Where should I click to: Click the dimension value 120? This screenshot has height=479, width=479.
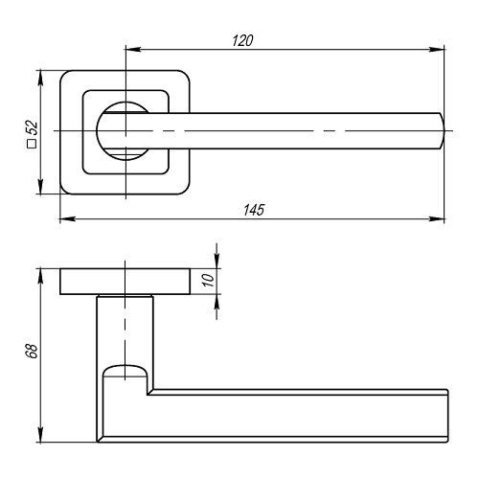click(242, 41)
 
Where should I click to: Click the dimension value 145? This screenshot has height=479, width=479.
click(254, 210)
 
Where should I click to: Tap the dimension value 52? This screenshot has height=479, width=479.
click(32, 127)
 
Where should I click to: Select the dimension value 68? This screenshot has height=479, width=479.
click(33, 351)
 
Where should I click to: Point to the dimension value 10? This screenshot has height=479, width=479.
click(209, 280)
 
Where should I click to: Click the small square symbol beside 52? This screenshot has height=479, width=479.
click(32, 144)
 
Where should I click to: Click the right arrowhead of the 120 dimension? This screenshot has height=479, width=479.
click(437, 50)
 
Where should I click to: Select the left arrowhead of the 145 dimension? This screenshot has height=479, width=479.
click(68, 219)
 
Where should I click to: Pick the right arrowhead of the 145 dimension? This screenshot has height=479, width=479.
click(437, 219)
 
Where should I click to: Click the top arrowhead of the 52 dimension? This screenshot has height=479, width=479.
click(40, 79)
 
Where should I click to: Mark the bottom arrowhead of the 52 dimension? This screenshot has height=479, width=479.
click(40, 186)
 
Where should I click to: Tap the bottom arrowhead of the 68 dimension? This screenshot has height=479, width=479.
click(40, 435)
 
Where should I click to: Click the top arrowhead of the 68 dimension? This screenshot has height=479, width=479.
click(40, 277)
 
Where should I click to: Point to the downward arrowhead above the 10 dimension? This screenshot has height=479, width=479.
click(217, 261)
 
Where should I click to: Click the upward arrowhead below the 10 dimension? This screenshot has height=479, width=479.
click(217, 302)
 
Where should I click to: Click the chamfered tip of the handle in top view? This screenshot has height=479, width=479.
click(442, 131)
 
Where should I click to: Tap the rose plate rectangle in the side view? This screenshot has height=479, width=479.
click(125, 282)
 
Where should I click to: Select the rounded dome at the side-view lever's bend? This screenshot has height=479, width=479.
click(125, 370)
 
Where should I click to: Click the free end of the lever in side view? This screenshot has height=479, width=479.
click(447, 416)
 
